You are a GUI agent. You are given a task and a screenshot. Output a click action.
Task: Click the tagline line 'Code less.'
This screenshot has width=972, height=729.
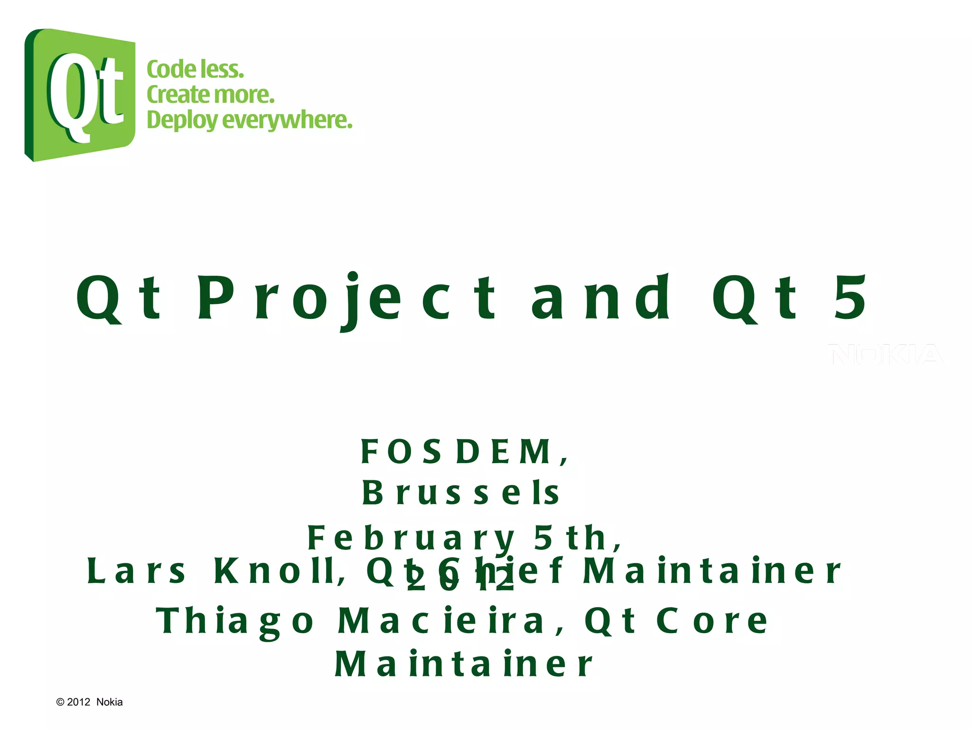195,69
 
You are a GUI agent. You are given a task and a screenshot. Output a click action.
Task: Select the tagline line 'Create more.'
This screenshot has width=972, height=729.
211,94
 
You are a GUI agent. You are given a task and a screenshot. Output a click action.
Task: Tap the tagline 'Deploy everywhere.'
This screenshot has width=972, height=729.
250,120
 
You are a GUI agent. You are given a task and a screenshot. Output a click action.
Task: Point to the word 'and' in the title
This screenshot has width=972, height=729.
600,298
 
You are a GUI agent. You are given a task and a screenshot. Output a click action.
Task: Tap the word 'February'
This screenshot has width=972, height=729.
411,539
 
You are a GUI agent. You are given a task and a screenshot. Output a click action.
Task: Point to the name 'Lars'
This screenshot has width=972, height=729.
137,571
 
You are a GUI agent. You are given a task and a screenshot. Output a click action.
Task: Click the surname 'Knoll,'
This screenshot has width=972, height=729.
280,571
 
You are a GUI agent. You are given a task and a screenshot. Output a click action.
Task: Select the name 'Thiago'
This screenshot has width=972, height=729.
235,622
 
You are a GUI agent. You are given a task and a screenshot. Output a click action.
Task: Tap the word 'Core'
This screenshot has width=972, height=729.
712,621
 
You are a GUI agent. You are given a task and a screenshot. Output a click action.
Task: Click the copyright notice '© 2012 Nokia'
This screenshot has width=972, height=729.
89,702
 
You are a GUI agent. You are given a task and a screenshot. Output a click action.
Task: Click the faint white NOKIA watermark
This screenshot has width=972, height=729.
886,354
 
